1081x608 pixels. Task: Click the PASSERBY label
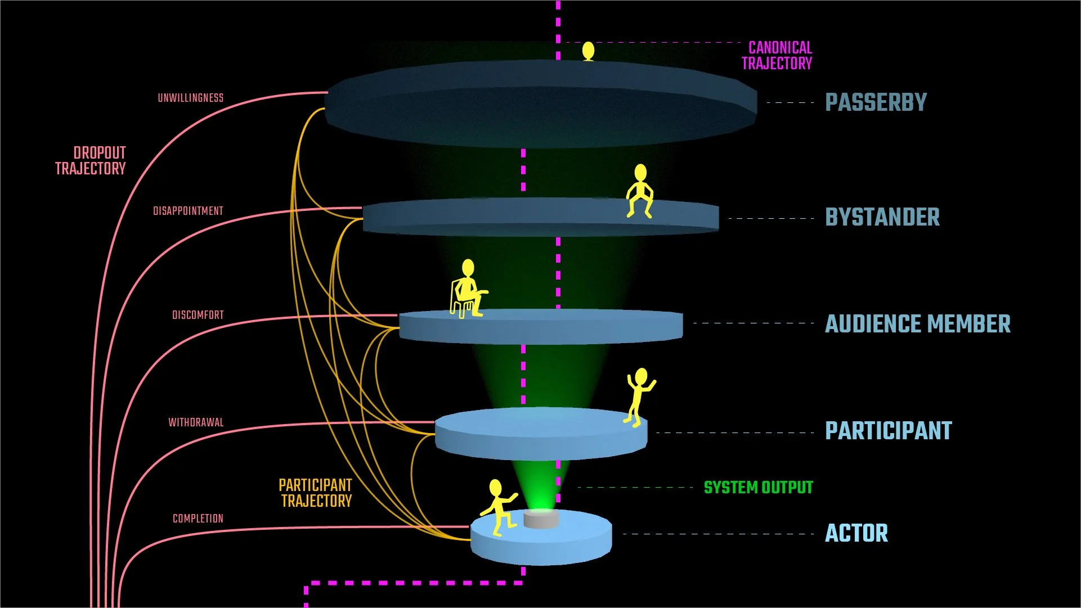tap(876, 102)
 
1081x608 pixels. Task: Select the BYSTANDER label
tap(882, 217)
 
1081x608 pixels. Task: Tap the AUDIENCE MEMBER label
tap(917, 324)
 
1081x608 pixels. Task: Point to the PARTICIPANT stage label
tap(888, 431)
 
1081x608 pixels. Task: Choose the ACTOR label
tap(856, 533)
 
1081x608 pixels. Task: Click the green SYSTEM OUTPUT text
tap(758, 488)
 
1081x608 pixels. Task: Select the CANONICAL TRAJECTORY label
tap(777, 56)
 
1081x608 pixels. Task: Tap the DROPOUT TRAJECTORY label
tap(91, 161)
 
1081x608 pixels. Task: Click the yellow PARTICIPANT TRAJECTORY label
tap(316, 493)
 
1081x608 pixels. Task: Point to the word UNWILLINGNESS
tap(190, 98)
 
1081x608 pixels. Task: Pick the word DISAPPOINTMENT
tap(188, 211)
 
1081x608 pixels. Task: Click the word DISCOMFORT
tap(198, 315)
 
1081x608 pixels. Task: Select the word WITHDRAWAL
tap(196, 422)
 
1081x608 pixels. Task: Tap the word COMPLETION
tap(198, 519)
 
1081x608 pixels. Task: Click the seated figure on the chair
tap(468, 290)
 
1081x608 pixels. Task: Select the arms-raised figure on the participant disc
tap(639, 396)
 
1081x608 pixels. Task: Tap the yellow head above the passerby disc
tap(588, 51)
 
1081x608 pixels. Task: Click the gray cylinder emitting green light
tap(541, 519)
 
